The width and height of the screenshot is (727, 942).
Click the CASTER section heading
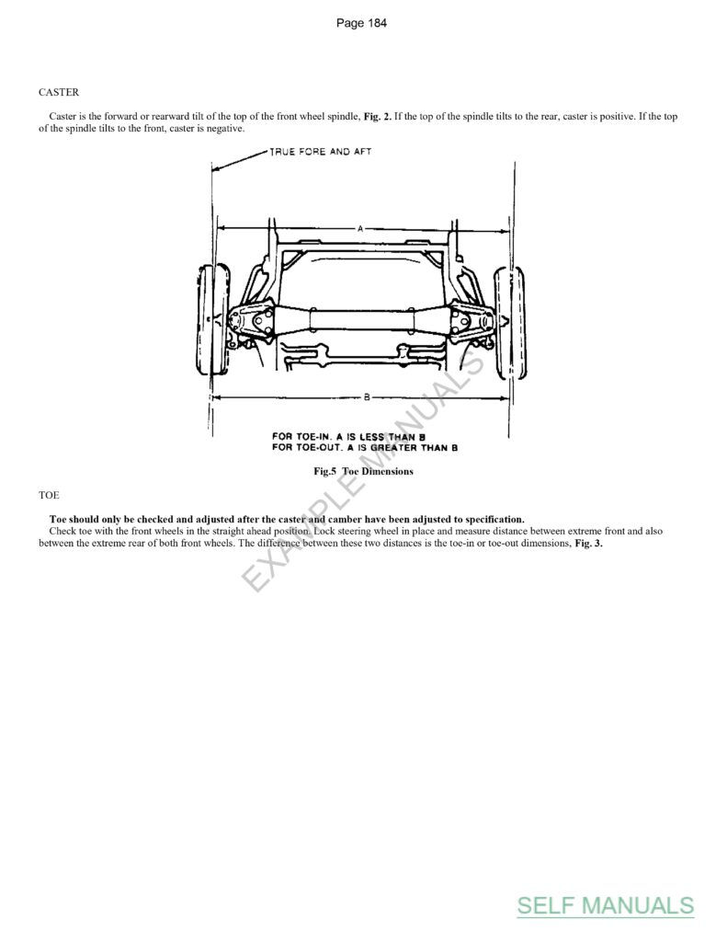[x=59, y=93]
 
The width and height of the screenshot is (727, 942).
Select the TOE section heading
[x=48, y=496]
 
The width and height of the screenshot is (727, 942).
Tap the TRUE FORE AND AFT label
[x=320, y=152]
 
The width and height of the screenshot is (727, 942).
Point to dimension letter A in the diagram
[x=360, y=226]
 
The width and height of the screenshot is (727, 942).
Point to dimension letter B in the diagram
[x=366, y=397]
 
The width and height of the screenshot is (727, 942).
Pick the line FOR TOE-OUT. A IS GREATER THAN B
[x=365, y=447]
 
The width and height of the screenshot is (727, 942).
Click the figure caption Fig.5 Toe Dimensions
[x=363, y=472]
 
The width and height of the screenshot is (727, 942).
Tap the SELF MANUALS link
[x=605, y=905]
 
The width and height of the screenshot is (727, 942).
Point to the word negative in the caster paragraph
[x=225, y=129]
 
